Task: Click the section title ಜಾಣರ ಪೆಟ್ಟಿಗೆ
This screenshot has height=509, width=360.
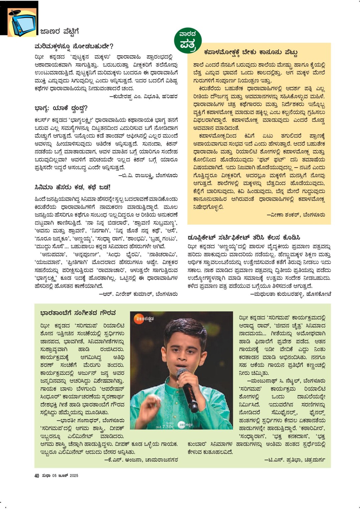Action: tap(59, 32)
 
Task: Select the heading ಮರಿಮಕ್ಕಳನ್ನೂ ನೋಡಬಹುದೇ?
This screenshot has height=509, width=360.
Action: tap(74, 46)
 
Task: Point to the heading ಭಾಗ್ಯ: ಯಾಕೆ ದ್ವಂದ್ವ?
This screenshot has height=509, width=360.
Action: tap(61, 108)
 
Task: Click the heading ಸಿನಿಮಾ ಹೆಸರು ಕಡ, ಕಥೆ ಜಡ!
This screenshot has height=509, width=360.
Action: tap(72, 187)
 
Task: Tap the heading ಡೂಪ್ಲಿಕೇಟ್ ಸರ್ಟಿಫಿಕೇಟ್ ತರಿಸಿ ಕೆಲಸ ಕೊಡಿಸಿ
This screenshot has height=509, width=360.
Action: tap(244, 237)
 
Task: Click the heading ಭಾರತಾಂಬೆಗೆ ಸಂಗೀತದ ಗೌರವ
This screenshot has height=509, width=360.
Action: tap(78, 313)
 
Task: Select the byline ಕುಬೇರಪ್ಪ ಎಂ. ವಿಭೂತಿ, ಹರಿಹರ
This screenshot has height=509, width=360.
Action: tap(144, 96)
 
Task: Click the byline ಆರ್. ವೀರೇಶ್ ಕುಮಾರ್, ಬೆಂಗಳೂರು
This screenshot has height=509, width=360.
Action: tap(139, 294)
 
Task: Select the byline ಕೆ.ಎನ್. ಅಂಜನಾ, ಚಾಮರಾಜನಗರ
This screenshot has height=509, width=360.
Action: tap(141, 460)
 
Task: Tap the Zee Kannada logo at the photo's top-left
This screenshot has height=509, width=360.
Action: tap(144, 319)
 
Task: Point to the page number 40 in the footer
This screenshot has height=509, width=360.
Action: tap(37, 476)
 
